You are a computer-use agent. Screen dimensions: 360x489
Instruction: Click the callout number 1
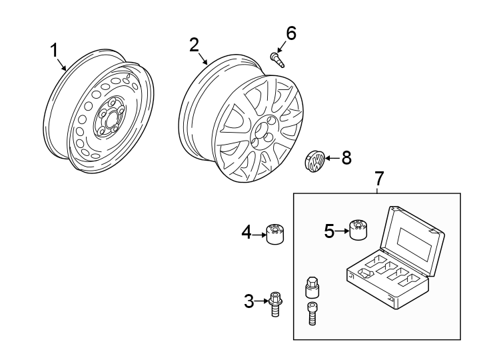[54, 50]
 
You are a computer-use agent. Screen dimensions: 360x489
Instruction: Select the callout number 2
[194, 45]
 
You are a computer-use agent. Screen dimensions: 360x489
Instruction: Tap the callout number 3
[249, 301]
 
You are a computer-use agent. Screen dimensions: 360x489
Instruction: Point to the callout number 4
[246, 233]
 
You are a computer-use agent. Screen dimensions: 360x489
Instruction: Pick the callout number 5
[329, 231]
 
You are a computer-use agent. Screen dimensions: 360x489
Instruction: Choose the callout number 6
[290, 33]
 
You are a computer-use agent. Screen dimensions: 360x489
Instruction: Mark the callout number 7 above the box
[379, 179]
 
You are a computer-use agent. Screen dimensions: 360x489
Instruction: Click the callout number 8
[346, 158]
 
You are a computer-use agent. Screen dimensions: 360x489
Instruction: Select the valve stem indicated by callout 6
[276, 60]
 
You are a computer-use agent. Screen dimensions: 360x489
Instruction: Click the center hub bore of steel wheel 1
[109, 121]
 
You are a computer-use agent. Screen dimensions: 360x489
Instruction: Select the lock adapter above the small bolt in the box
[311, 287]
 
